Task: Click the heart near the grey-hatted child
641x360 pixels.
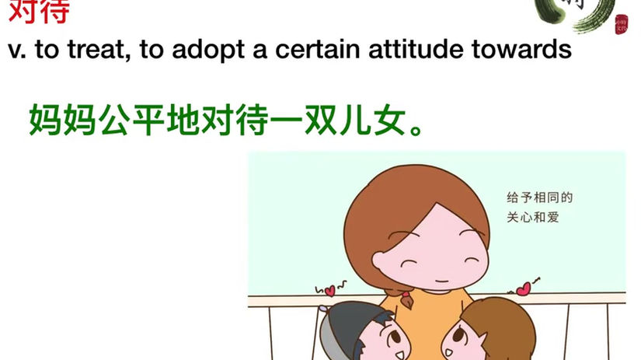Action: click(x=329, y=291)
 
